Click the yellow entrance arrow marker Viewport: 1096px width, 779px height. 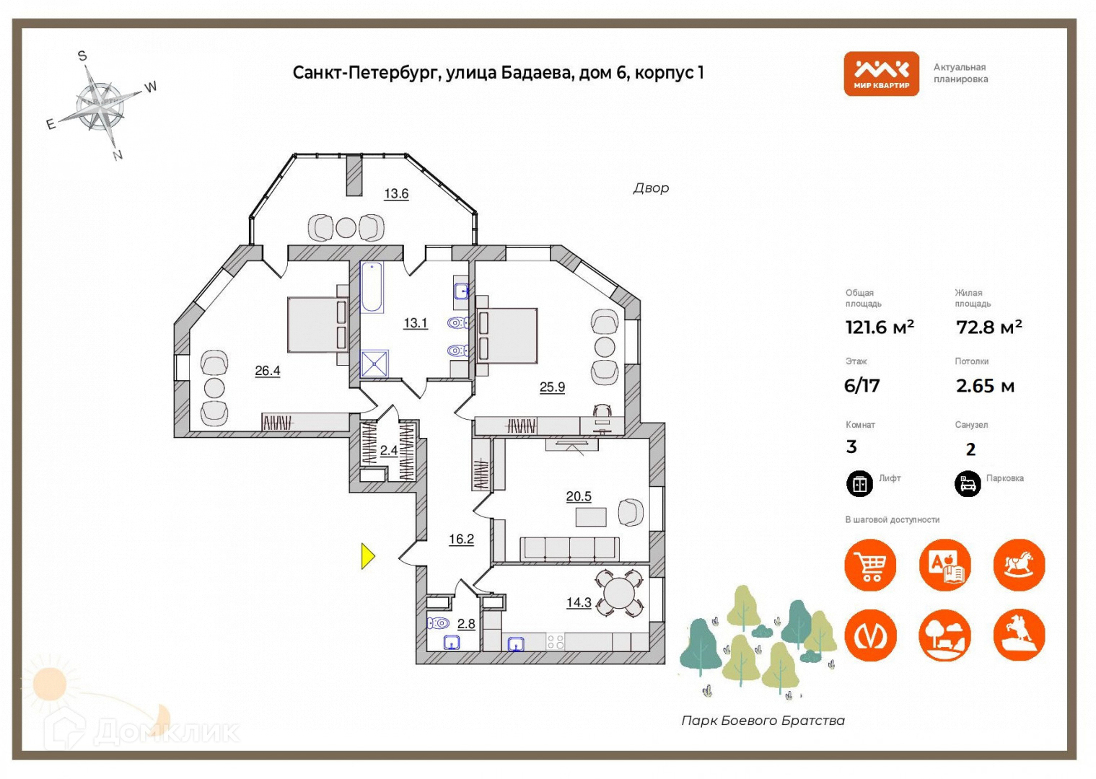(368, 556)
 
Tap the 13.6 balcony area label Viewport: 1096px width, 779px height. (396, 193)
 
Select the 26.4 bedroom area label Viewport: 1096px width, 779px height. (267, 371)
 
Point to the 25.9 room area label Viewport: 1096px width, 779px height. (552, 387)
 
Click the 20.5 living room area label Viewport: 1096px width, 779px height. (579, 496)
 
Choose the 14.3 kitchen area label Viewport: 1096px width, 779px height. (579, 602)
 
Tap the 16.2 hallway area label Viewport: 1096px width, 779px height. (461, 539)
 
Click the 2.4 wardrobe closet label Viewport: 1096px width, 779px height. (389, 450)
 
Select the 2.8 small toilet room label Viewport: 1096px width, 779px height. (466, 624)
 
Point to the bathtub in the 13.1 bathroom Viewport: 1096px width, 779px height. (372, 288)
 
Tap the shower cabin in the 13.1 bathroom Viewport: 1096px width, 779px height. (374, 364)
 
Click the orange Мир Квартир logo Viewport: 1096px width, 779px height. (881, 74)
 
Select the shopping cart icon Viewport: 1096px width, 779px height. (870, 565)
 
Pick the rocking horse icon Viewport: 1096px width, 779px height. (1019, 565)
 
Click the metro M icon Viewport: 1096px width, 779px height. (870, 635)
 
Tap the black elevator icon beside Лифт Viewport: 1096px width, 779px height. (859, 483)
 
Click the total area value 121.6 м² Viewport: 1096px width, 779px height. (880, 327)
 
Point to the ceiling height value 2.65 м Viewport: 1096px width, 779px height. (985, 386)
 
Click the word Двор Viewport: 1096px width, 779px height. (651, 188)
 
